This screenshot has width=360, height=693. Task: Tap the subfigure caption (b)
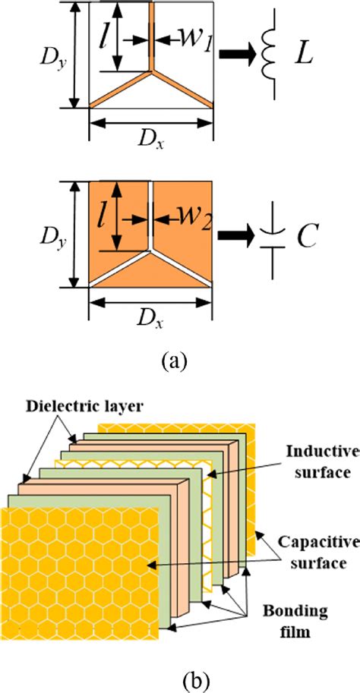point(180,676)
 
